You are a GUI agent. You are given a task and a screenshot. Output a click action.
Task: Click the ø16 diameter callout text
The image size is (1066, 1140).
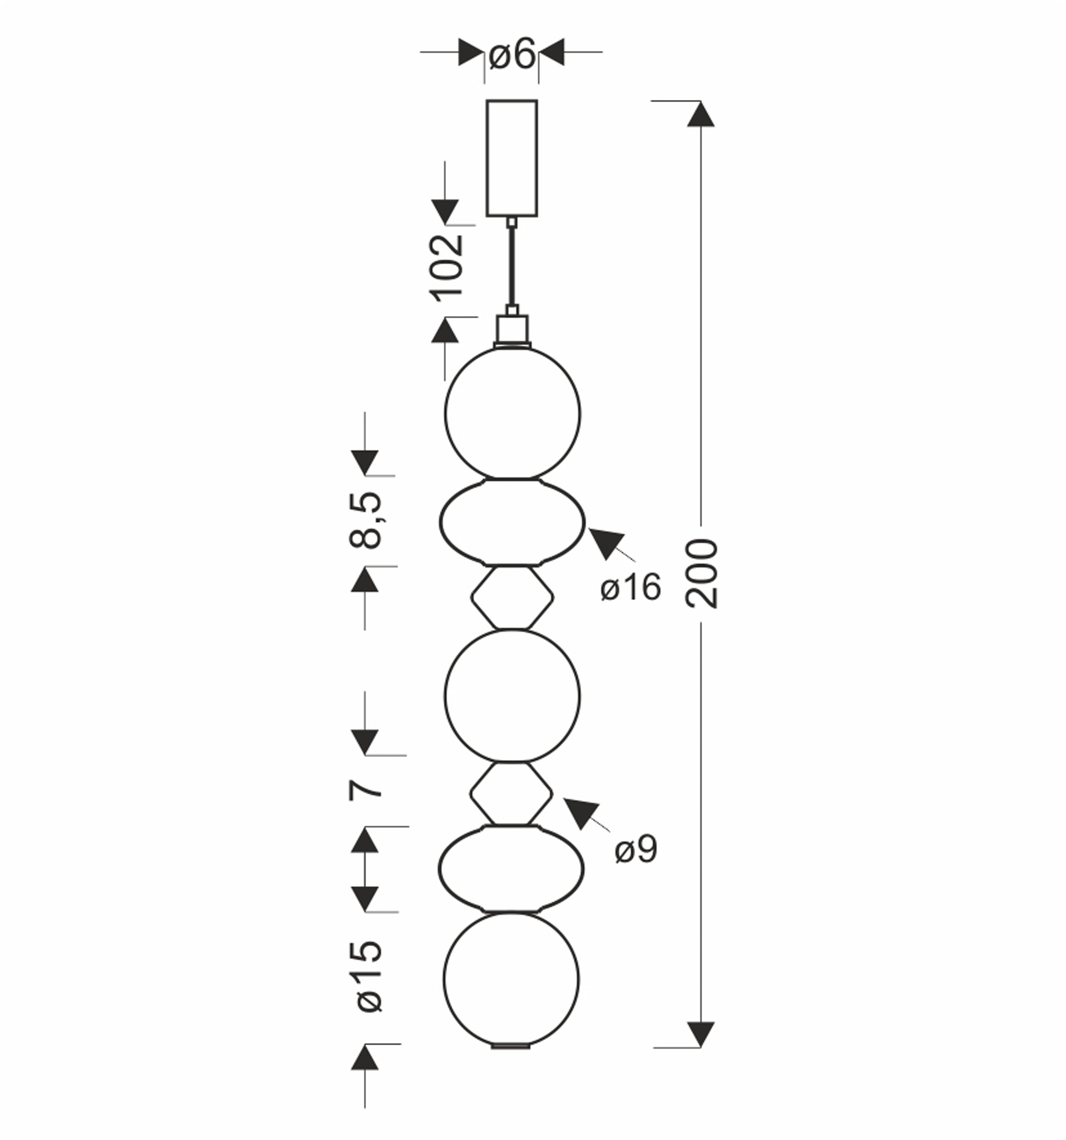631,587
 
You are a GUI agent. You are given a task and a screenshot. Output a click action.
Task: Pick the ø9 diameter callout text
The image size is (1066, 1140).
636,849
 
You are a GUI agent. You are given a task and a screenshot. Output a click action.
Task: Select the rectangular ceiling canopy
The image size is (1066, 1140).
512,158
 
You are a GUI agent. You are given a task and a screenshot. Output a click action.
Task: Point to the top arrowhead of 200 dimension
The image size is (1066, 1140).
700,114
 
